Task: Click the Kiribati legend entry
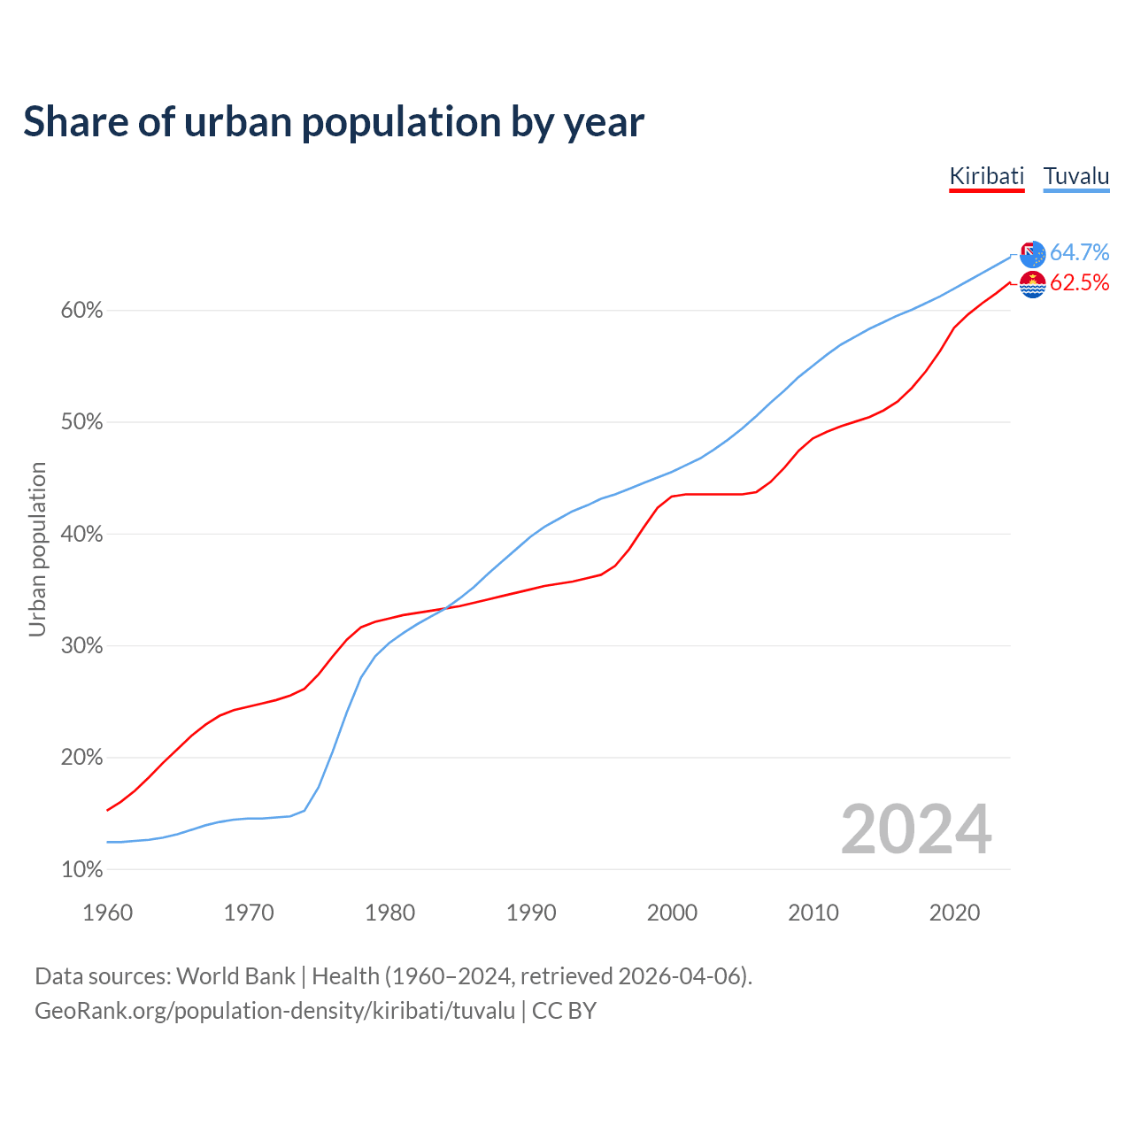click(x=986, y=176)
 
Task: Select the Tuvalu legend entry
click(x=1076, y=176)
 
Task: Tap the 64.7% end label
click(x=1079, y=252)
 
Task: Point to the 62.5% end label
click(x=1079, y=282)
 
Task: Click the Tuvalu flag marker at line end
click(x=1032, y=254)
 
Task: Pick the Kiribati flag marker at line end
click(x=1032, y=284)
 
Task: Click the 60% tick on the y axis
click(x=81, y=311)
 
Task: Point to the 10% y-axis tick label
click(x=81, y=869)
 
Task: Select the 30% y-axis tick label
click(x=81, y=646)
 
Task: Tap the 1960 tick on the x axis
click(x=107, y=913)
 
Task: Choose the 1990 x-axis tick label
click(x=531, y=913)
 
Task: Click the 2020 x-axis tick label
click(x=954, y=913)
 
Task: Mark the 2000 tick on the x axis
click(x=672, y=913)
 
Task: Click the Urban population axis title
click(x=37, y=549)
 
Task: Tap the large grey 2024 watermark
click(x=916, y=829)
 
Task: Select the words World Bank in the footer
click(x=235, y=975)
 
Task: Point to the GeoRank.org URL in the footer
click(x=274, y=1010)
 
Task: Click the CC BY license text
click(x=564, y=1010)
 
